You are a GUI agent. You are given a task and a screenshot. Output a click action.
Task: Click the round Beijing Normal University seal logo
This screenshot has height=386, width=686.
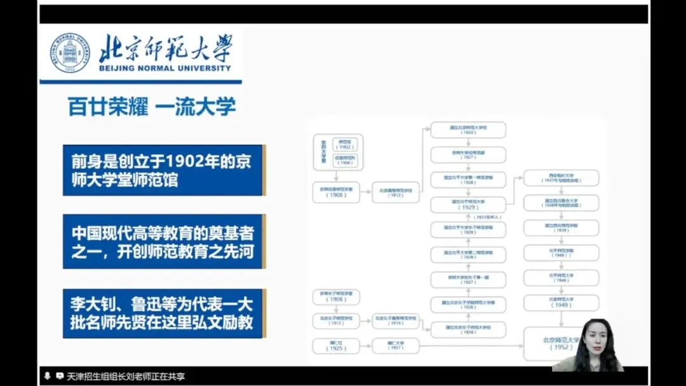tap(71, 53)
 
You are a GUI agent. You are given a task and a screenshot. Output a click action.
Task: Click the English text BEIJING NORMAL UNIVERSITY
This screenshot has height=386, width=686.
tap(165, 69)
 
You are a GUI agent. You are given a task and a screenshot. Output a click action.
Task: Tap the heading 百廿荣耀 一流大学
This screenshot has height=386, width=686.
tap(152, 107)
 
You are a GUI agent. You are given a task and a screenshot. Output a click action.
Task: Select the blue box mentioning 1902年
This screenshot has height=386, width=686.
tap(163, 170)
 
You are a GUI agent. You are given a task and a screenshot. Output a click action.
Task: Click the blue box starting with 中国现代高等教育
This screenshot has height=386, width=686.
tap(163, 242)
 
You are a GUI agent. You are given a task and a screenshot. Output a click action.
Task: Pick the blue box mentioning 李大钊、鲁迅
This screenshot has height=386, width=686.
tap(163, 313)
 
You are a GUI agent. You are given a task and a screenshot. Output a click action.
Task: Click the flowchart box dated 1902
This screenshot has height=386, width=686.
tap(345, 143)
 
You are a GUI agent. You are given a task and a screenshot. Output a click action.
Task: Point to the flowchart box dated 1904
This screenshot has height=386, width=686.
tap(345, 160)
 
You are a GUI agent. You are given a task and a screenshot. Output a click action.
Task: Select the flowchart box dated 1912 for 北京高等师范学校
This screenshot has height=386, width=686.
tap(396, 192)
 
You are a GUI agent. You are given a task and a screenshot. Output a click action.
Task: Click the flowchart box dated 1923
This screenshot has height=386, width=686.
tap(468, 130)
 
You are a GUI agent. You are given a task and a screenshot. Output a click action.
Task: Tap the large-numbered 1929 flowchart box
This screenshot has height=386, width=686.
tap(468, 204)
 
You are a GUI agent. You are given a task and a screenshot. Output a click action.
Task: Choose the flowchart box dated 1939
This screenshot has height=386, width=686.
tap(561, 228)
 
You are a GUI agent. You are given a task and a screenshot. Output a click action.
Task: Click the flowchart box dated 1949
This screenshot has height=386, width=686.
tap(561, 302)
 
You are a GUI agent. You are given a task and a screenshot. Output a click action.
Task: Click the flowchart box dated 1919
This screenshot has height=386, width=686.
tap(396, 321)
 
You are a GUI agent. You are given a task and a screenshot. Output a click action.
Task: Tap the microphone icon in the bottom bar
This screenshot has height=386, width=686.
tap(47, 376)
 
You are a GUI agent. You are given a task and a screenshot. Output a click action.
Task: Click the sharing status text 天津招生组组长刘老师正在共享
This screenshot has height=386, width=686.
tap(126, 376)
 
